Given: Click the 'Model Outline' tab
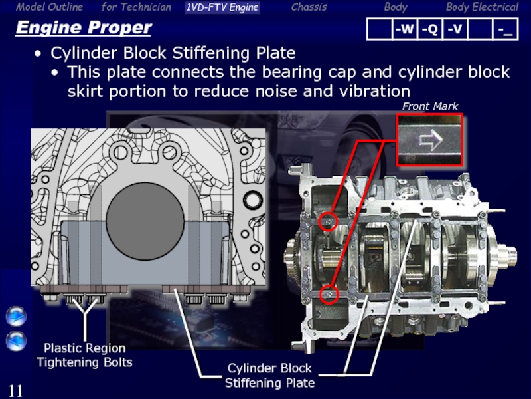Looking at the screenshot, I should pyautogui.click(x=49, y=7).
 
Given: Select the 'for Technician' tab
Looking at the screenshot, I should pyautogui.click(x=136, y=7).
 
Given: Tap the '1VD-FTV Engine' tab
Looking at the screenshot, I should pyautogui.click(x=222, y=7).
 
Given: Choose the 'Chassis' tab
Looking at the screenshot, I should pyautogui.click(x=309, y=7).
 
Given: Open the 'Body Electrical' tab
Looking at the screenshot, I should pyautogui.click(x=482, y=7).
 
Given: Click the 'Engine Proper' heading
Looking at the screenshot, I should pyautogui.click(x=83, y=29).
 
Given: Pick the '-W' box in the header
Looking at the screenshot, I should pyautogui.click(x=404, y=29).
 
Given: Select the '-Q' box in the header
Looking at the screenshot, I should pyautogui.click(x=429, y=29).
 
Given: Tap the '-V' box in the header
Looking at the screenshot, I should pyautogui.click(x=455, y=29).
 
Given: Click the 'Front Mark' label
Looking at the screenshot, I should pyautogui.click(x=430, y=106).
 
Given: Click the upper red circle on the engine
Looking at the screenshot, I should pyautogui.click(x=328, y=221).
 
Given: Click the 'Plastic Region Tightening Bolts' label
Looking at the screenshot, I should pyautogui.click(x=84, y=356).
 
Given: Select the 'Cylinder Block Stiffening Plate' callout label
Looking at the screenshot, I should pyautogui.click(x=269, y=376).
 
